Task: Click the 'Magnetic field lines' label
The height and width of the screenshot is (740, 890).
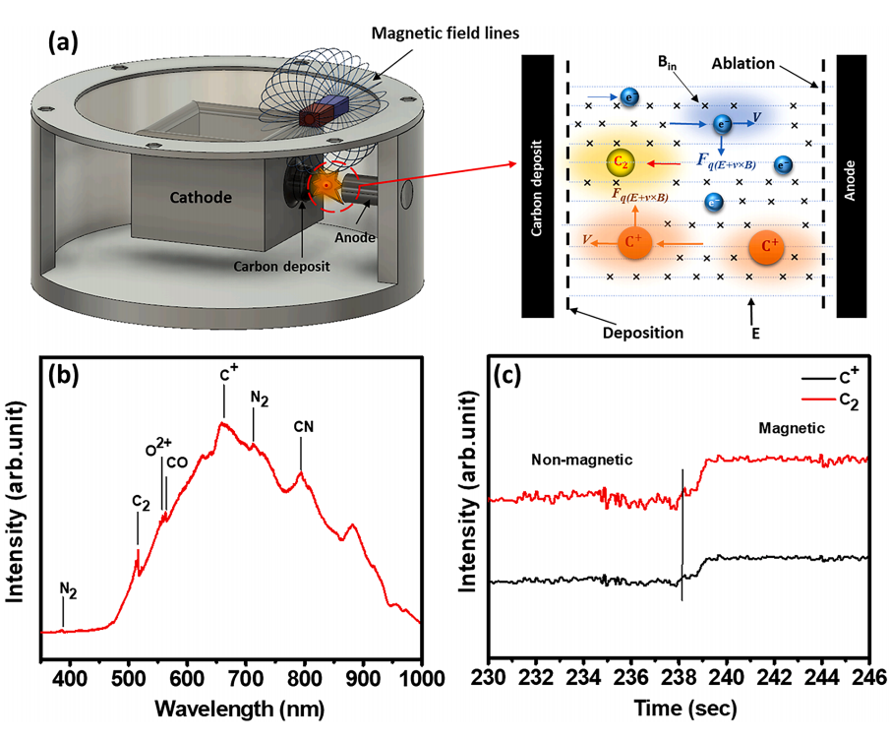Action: click(445, 33)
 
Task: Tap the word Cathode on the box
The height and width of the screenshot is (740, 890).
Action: click(201, 198)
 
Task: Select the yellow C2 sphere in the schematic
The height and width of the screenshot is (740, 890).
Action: click(621, 163)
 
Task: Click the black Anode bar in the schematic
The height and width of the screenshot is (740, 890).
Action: click(851, 186)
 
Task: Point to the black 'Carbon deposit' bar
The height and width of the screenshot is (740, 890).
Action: click(537, 186)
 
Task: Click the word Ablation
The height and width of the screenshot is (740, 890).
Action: click(743, 64)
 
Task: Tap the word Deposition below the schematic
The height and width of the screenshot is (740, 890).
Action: click(642, 333)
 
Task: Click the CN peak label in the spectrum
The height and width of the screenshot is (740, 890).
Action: click(304, 426)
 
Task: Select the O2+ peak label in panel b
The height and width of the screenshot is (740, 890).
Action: click(158, 447)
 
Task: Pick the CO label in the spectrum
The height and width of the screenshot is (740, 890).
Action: click(177, 462)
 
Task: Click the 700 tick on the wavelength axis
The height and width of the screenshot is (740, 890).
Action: click(246, 679)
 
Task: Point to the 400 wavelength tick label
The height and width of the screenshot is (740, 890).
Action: click(71, 679)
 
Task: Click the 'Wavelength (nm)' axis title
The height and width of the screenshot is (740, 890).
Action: click(240, 709)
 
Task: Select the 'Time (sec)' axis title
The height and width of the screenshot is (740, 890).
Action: click(685, 709)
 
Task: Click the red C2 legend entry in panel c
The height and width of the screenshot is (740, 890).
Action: click(830, 400)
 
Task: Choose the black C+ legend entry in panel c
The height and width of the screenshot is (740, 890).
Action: click(830, 377)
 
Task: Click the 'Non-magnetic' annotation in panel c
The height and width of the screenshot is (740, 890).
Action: click(582, 460)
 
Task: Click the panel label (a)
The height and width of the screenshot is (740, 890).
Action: click(63, 42)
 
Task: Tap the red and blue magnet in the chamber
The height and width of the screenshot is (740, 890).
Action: click(325, 111)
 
